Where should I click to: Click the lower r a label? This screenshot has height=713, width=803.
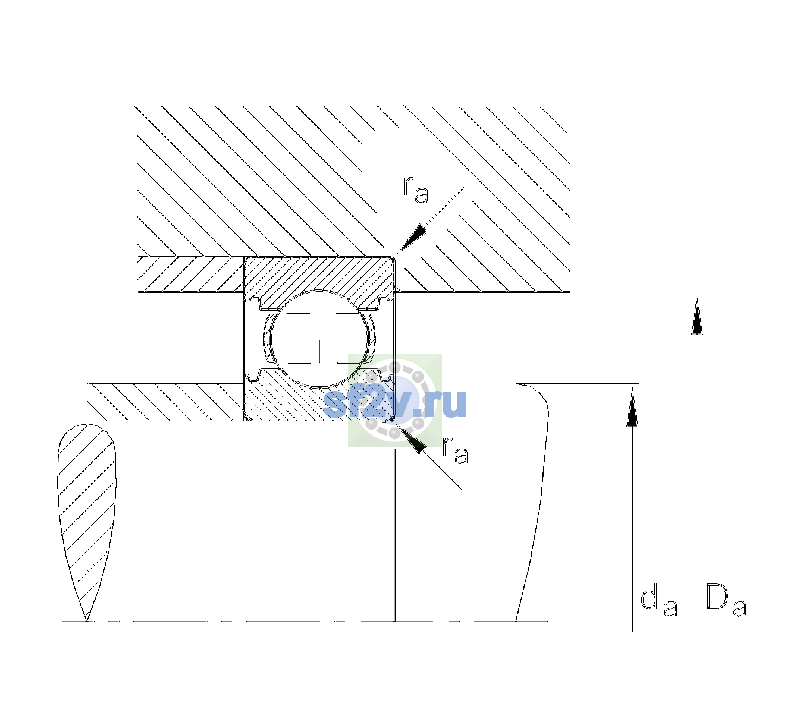click(455, 450)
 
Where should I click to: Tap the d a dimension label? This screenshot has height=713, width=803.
click(658, 602)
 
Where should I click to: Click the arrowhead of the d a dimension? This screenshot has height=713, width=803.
click(632, 407)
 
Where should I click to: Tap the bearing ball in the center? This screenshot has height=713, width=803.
click(320, 339)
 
